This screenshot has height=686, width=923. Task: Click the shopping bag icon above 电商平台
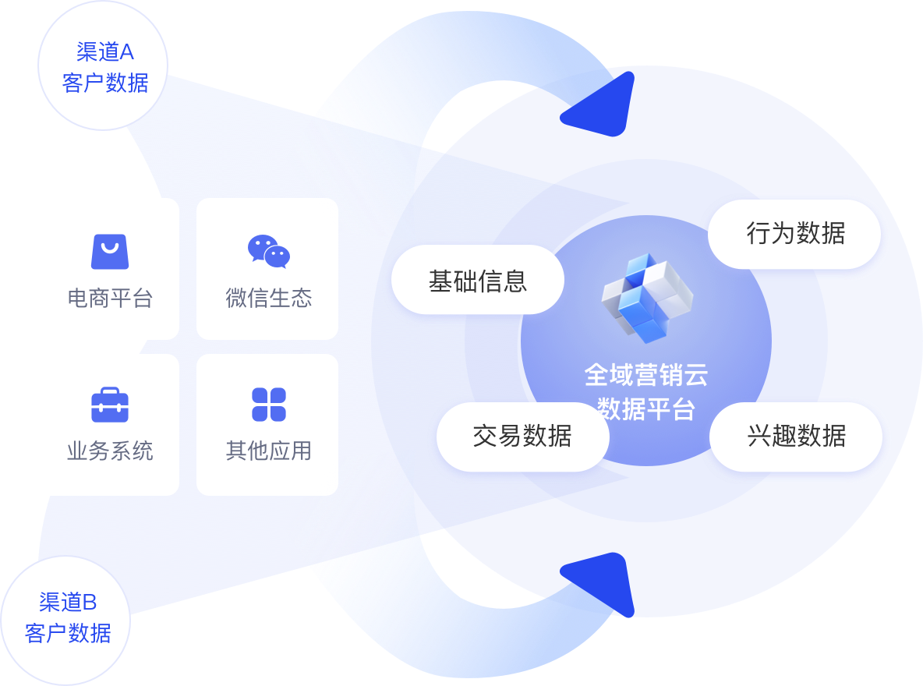(x=109, y=251)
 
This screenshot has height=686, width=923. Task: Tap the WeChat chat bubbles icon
(x=268, y=251)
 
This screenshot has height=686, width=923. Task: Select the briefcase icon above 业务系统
(x=109, y=405)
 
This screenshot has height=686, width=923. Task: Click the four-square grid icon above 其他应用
(x=269, y=405)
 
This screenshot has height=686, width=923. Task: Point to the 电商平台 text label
(x=109, y=299)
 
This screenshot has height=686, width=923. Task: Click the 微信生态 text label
(x=268, y=299)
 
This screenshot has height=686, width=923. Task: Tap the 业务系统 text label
(x=109, y=451)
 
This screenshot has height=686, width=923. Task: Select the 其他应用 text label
(x=268, y=451)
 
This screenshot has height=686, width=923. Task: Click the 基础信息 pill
(x=477, y=281)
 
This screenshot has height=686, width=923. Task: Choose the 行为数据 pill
(x=794, y=234)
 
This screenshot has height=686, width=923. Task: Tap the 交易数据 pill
(x=522, y=437)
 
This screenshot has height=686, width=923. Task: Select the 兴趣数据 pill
(x=796, y=437)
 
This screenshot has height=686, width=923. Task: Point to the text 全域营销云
(x=646, y=376)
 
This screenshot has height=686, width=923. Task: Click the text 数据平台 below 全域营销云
(x=646, y=408)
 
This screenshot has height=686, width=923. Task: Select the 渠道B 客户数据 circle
(x=67, y=617)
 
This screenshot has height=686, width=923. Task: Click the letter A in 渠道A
(x=126, y=52)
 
